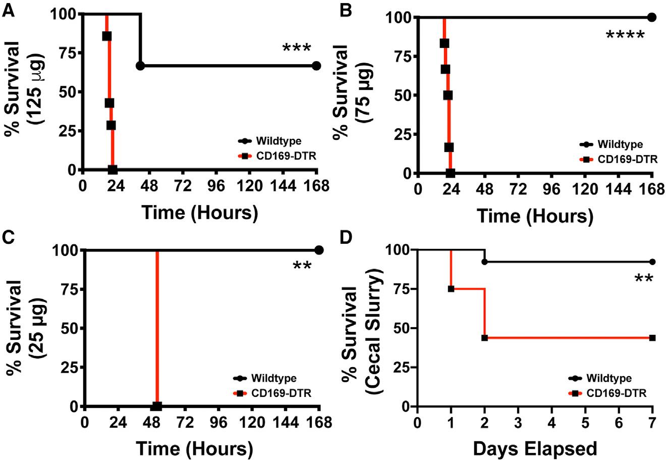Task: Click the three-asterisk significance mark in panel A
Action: pos(296,49)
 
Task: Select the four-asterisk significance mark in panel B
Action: pos(625,36)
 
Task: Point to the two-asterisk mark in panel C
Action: pos(302,266)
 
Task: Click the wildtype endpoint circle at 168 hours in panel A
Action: pos(316,66)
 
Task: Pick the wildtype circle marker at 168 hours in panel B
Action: pos(651,17)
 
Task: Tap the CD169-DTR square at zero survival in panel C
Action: pos(157,406)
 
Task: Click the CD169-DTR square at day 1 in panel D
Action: pos(451,289)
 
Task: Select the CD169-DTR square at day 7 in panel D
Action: pos(652,337)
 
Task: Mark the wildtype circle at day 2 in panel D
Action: pos(484,262)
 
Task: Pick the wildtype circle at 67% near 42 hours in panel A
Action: pos(140,66)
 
